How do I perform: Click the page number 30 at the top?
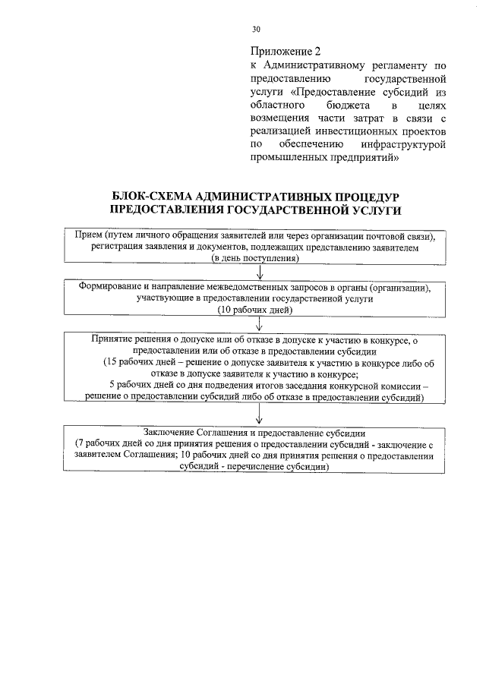(256, 30)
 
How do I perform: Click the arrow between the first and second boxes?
(260, 273)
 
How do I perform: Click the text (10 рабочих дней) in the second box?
(255, 310)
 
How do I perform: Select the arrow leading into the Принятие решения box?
(260, 325)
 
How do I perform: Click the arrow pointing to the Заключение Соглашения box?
(260, 414)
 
